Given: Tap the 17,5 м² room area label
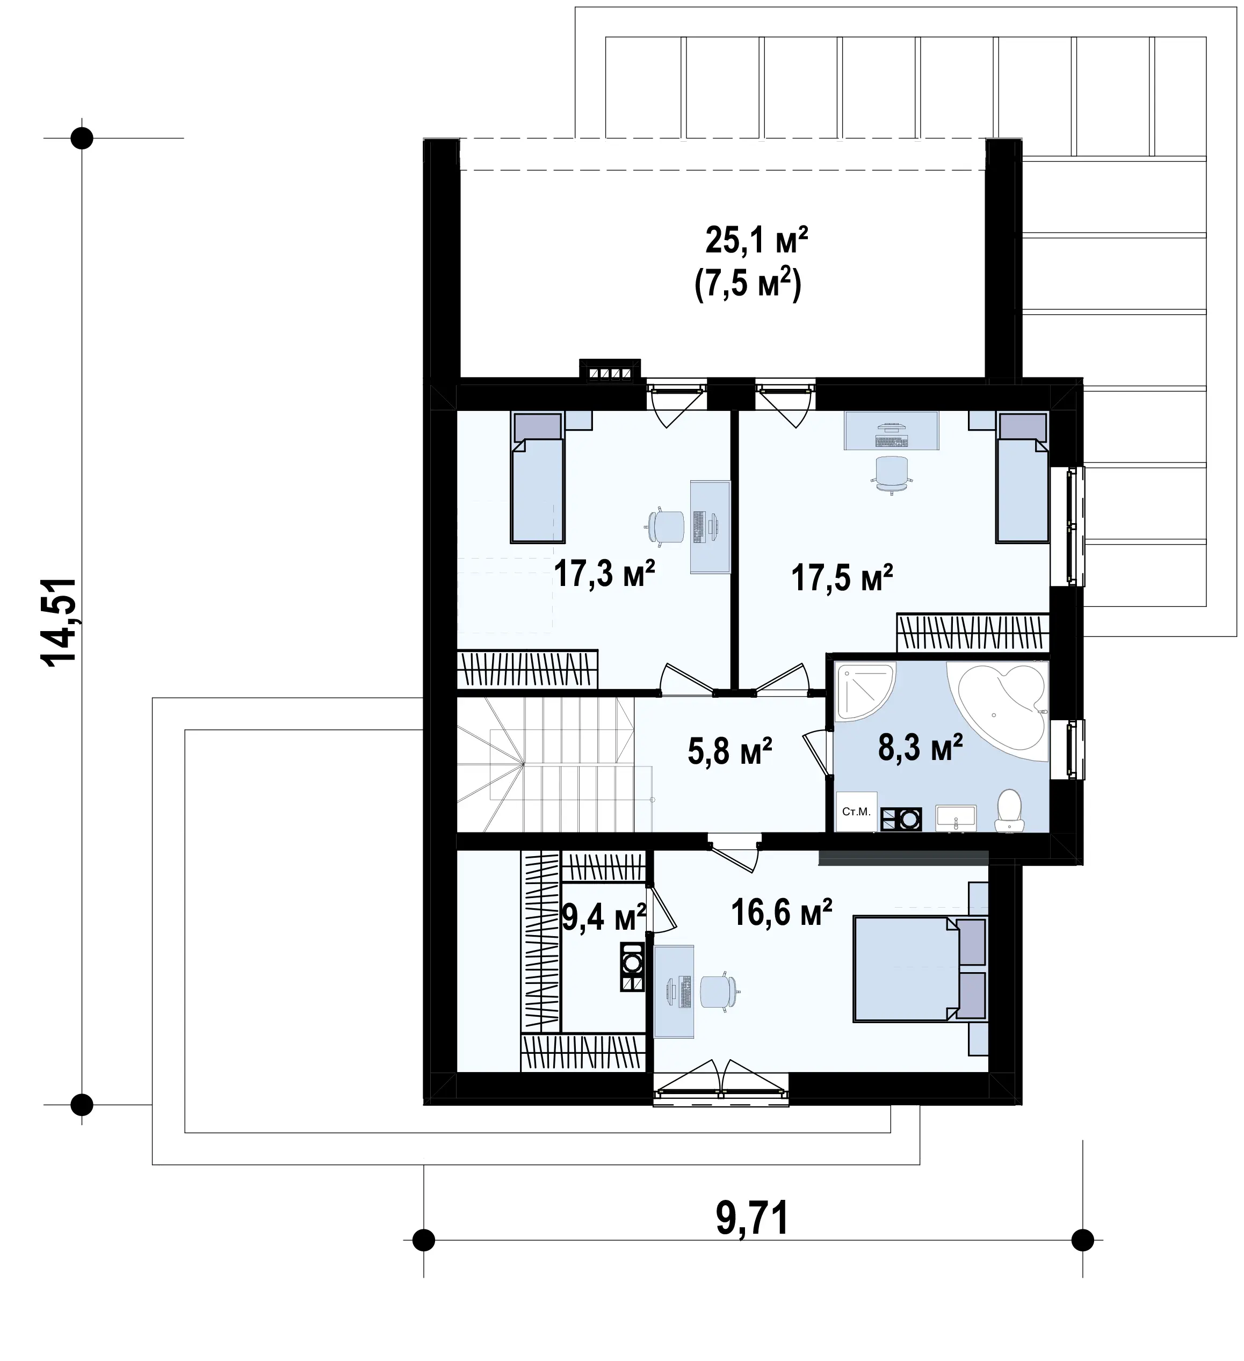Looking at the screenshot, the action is click(x=842, y=578).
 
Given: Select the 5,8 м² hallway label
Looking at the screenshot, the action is click(x=729, y=751).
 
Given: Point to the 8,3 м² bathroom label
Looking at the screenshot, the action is click(x=920, y=747).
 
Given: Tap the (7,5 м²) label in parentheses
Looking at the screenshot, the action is click(x=748, y=284).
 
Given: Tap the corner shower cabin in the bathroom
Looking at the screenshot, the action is click(x=865, y=691).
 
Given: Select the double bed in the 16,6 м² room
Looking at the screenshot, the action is click(x=920, y=973).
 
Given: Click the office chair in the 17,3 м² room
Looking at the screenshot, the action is click(x=666, y=526).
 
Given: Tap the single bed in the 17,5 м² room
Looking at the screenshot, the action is click(x=1022, y=477).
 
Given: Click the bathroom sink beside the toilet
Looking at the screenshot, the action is click(x=955, y=817).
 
